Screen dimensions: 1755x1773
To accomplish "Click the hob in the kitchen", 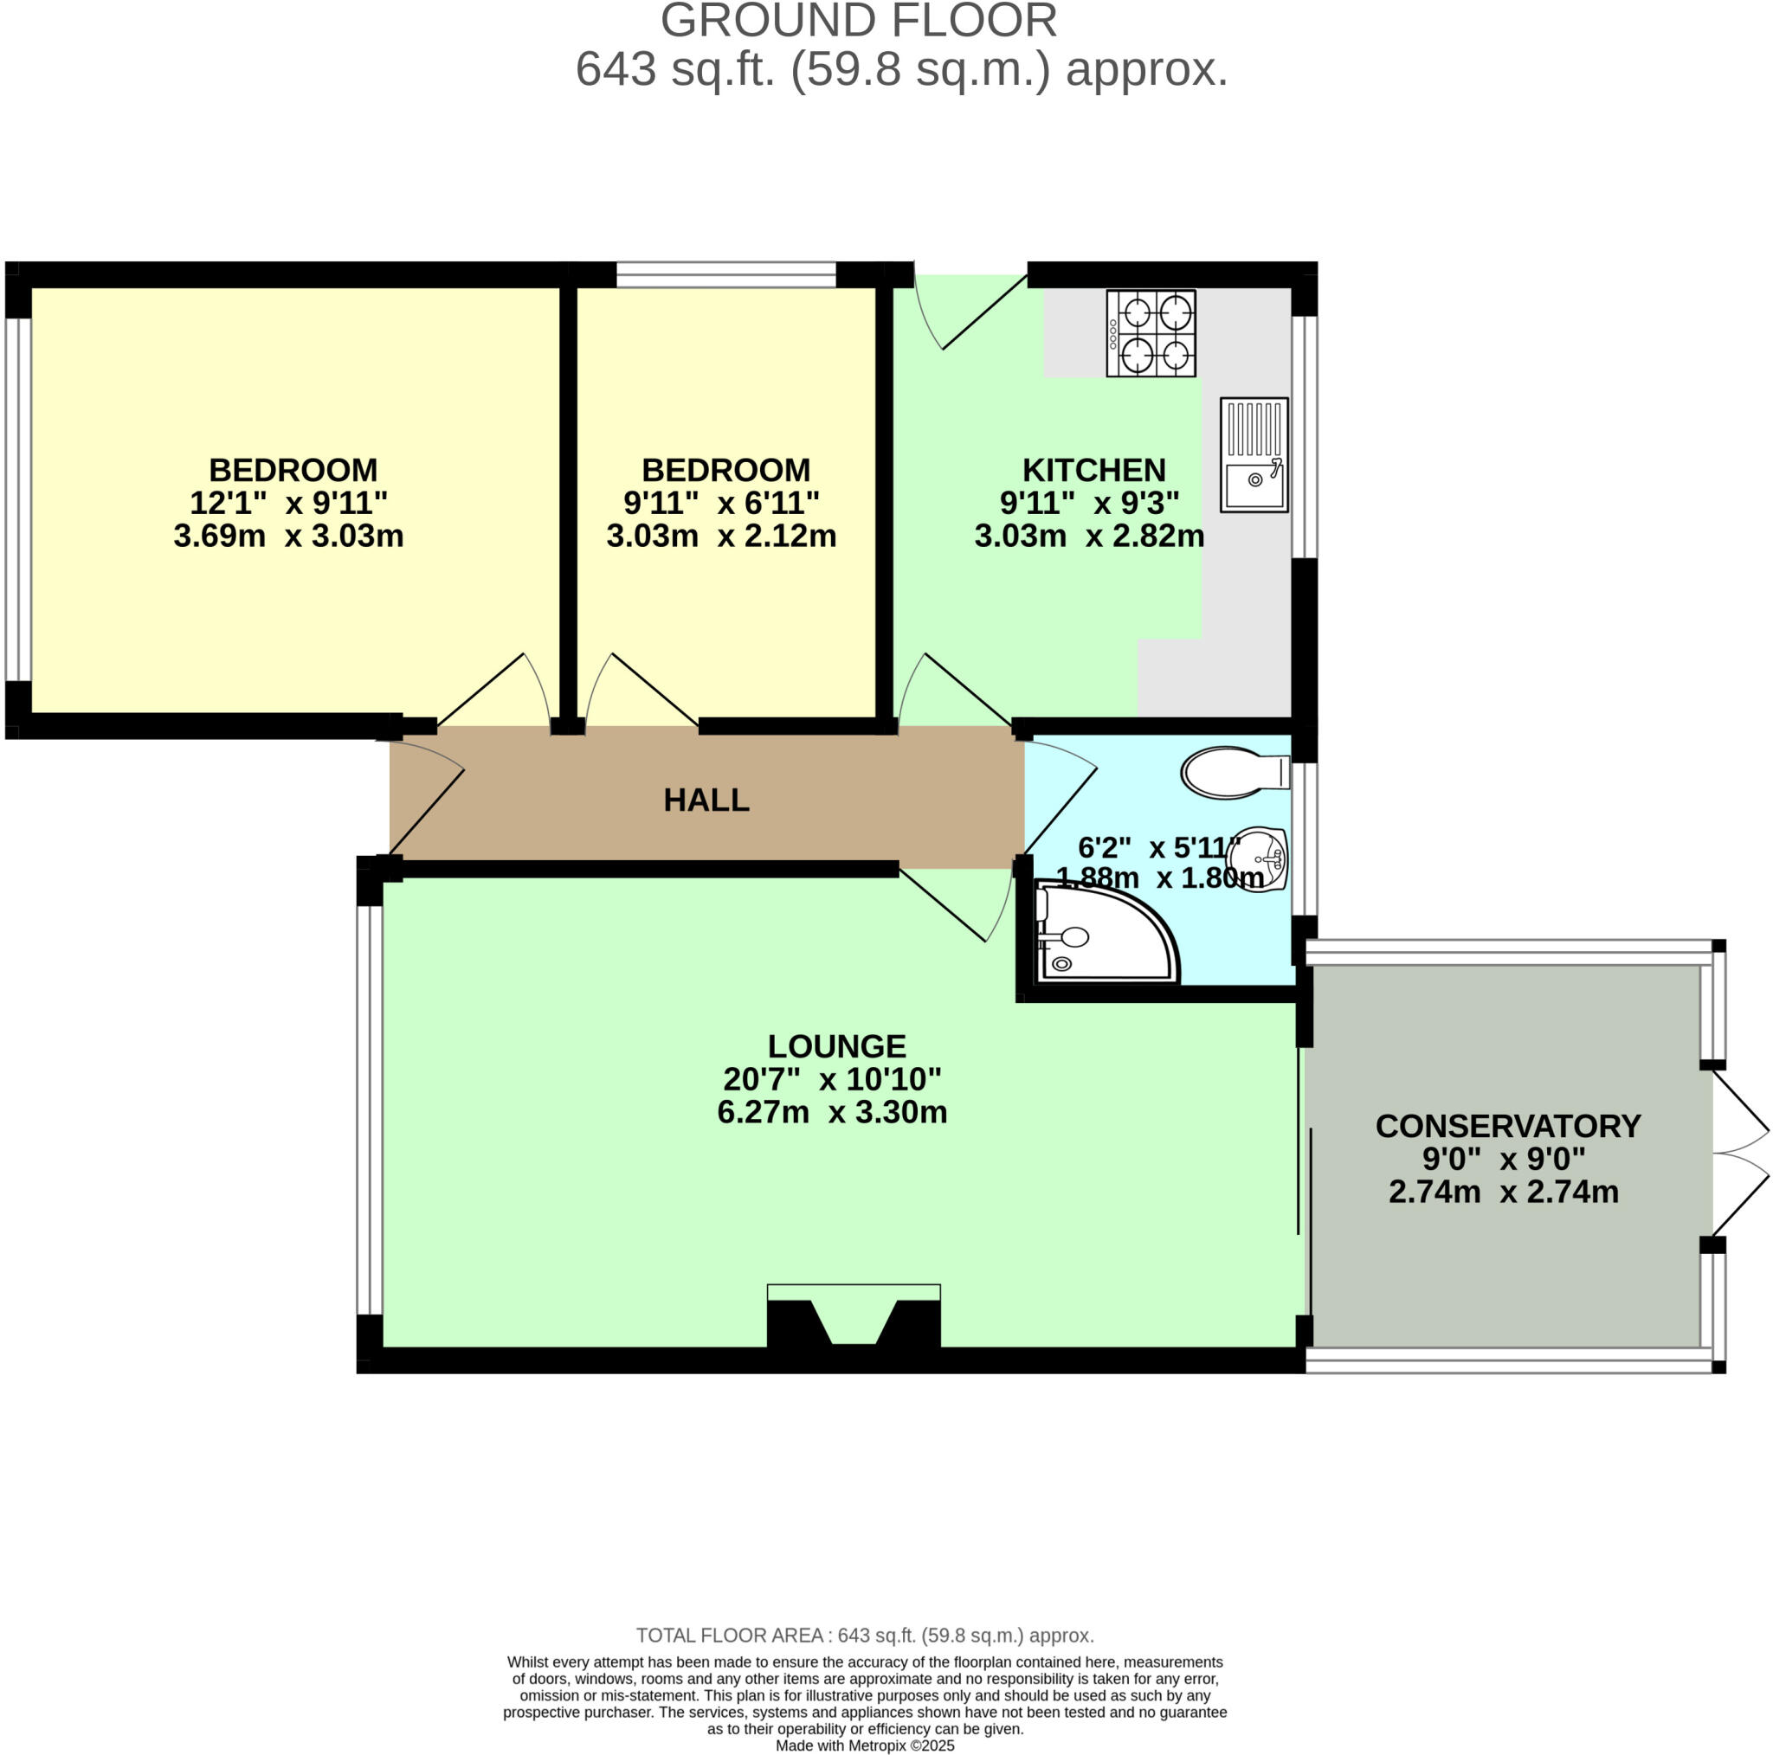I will point(1150,333).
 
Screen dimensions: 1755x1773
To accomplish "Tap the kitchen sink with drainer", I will point(1253,454).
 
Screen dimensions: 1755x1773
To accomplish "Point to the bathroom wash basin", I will point(1259,858).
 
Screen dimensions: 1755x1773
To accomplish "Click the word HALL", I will point(706,800).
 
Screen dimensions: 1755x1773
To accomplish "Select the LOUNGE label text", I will point(836,1046).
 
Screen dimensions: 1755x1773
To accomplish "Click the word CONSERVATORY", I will point(1508,1126).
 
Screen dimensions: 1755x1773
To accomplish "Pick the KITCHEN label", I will point(1094,470).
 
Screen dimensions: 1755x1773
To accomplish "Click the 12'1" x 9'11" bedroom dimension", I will point(288,503).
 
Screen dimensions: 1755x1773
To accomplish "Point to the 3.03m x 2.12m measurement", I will point(721,536).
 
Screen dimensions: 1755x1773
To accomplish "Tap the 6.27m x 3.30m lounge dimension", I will point(831,1112).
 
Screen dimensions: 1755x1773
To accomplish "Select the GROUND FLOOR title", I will point(858,20).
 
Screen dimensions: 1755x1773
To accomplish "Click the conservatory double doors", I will point(1738,1154).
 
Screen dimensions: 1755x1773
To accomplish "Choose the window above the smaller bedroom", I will point(725,274).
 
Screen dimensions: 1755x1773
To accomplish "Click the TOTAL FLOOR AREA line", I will point(865,1635).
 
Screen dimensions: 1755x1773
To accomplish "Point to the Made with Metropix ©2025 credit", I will point(865,1745).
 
